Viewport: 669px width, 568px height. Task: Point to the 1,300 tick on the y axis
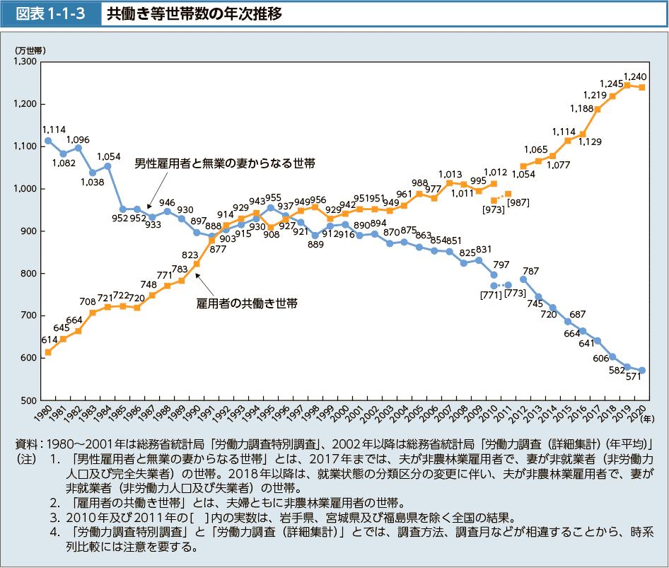click(x=25, y=62)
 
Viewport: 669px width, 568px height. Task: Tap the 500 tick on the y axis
click(x=30, y=400)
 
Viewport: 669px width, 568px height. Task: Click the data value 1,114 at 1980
click(x=54, y=129)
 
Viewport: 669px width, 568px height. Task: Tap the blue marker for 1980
click(x=48, y=141)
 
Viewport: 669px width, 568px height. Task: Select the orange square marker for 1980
click(x=48, y=352)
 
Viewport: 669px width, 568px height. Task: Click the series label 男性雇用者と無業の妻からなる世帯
click(x=224, y=163)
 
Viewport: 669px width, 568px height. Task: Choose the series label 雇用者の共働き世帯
click(x=246, y=303)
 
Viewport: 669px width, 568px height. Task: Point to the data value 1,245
click(x=610, y=83)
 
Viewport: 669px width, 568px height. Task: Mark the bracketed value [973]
click(x=492, y=209)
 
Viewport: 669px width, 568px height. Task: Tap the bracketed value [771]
click(x=490, y=294)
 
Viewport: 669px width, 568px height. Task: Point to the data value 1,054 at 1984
click(x=108, y=156)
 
